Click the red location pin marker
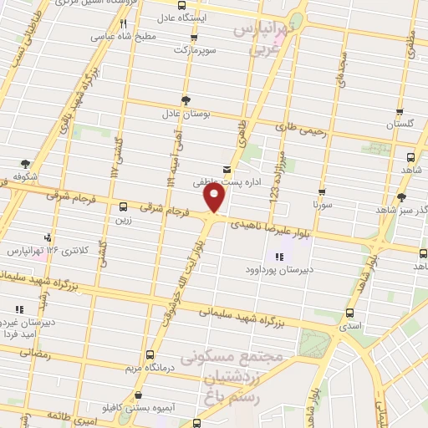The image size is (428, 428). (215, 198)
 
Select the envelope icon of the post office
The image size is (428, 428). (227, 169)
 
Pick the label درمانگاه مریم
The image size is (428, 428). (150, 367)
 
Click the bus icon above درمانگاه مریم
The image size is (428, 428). (150, 354)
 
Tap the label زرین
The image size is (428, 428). (123, 219)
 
